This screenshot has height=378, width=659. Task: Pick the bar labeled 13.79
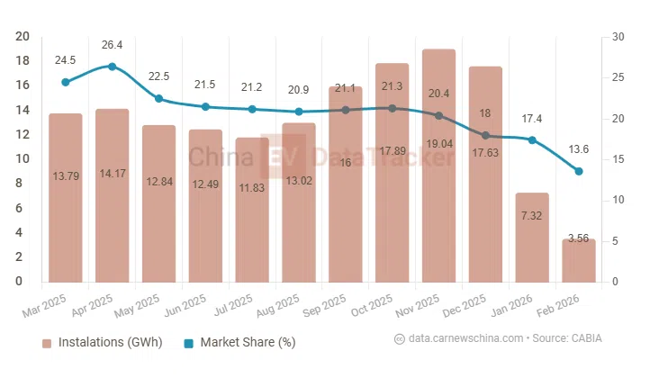66,198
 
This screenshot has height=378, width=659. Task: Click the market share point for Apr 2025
112,67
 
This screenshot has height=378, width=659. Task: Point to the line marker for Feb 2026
579,171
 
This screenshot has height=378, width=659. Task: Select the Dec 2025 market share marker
485,135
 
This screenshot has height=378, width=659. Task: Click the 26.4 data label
112,44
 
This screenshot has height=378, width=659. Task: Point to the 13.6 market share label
579,149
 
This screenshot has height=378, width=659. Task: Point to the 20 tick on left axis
23,37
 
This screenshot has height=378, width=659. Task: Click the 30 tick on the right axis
617,37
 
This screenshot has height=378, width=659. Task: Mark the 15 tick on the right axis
616,159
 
